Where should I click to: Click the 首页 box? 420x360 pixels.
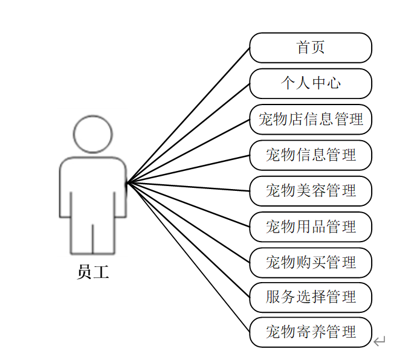click(x=311, y=48)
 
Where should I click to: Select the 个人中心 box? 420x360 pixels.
click(x=311, y=83)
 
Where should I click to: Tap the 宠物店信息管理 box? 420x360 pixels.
click(x=311, y=119)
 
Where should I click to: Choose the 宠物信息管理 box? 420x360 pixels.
click(x=311, y=155)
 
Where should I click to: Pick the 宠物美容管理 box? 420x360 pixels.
click(x=311, y=191)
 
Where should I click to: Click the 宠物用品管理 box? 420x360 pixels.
click(x=311, y=227)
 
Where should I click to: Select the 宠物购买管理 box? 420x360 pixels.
click(x=311, y=262)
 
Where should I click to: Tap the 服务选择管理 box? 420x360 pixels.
click(x=311, y=297)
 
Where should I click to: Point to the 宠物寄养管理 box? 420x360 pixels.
click(x=311, y=332)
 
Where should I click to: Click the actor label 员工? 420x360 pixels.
click(x=93, y=272)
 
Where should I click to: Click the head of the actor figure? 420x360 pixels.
click(x=93, y=134)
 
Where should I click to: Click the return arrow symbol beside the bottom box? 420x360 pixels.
click(x=379, y=342)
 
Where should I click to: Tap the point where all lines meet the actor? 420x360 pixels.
click(x=127, y=182)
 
